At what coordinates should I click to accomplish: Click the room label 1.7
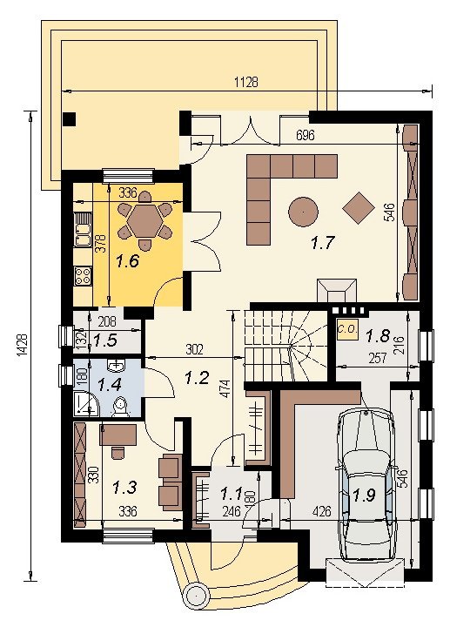tap(322, 242)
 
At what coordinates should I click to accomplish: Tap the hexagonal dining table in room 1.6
tap(145, 220)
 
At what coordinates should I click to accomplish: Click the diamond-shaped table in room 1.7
tap(359, 207)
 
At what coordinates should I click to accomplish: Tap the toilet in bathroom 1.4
tap(120, 407)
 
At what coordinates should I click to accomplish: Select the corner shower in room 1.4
tap(86, 404)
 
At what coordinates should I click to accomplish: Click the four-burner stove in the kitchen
tap(83, 276)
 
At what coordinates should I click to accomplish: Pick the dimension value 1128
tap(245, 82)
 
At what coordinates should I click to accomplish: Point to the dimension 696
tap(306, 135)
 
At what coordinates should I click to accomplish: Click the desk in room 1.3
tap(118, 435)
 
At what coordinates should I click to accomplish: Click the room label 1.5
tap(105, 340)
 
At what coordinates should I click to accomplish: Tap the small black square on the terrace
tap(69, 118)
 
